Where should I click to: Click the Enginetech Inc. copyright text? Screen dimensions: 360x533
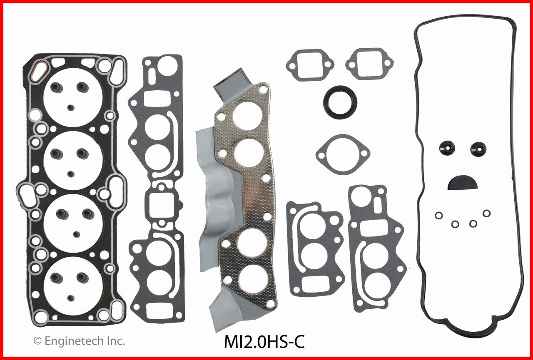click(x=79, y=341)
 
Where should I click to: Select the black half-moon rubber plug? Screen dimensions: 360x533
click(x=463, y=181)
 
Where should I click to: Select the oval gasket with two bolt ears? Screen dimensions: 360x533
click(x=342, y=154)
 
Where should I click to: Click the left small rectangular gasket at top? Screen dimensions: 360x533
click(x=310, y=64)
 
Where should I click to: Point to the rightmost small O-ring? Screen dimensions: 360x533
click(x=486, y=213)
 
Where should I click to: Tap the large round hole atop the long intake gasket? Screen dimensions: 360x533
click(x=168, y=67)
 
